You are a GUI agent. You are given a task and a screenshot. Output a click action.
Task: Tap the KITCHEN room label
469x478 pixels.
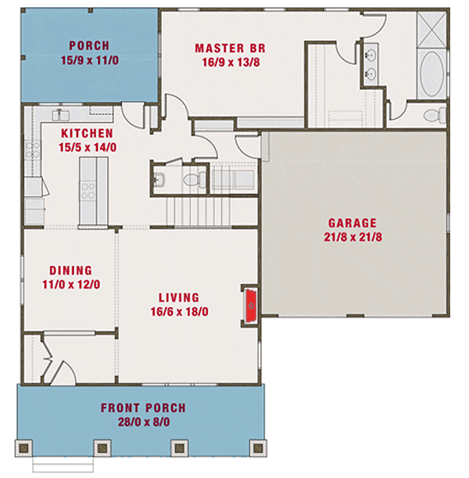(x=85, y=134)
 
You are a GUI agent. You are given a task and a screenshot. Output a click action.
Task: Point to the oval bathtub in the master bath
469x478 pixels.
(x=432, y=74)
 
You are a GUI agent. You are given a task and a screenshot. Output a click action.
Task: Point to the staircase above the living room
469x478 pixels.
(x=199, y=210)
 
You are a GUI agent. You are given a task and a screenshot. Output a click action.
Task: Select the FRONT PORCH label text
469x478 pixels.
(x=143, y=408)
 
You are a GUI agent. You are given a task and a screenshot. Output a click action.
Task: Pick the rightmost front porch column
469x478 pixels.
(x=255, y=447)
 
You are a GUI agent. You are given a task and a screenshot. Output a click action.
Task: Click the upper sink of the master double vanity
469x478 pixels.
(x=371, y=54)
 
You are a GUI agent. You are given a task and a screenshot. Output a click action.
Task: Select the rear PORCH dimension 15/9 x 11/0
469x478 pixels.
(x=88, y=59)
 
